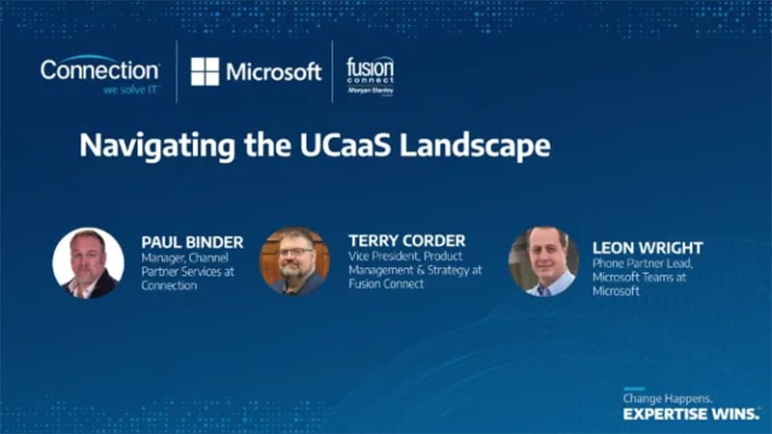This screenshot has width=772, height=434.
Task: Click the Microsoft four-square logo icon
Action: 205,71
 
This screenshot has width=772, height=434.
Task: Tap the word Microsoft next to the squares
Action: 273,71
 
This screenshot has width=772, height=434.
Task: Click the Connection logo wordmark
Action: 99,69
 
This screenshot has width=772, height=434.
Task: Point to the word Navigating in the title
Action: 151,146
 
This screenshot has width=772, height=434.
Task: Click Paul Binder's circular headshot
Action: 88,262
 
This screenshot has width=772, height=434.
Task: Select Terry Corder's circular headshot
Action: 294,261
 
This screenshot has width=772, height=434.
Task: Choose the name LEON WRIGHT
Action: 648,248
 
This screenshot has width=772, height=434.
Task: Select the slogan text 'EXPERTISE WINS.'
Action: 690,414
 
